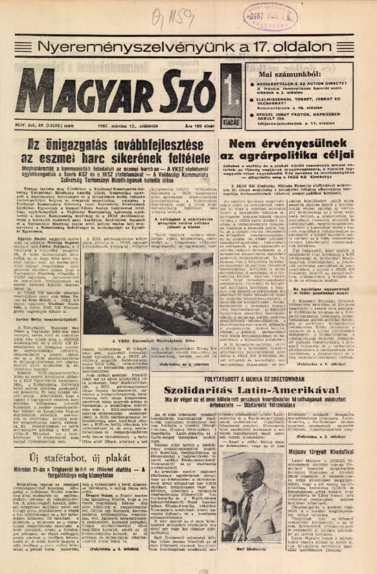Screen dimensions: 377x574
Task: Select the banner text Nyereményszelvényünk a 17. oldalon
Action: click(x=188, y=47)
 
